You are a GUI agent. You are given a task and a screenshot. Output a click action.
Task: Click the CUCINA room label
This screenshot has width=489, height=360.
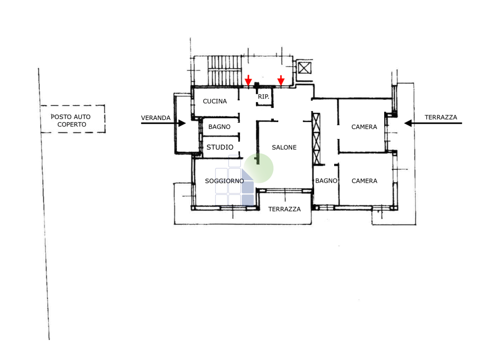click(x=215, y=101)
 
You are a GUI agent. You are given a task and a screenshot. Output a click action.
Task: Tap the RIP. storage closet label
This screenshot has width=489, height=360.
click(x=263, y=97)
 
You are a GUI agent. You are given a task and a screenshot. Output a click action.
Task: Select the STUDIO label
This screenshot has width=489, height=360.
click(x=220, y=147)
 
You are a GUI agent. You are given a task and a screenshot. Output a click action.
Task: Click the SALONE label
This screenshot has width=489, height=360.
click(x=284, y=148)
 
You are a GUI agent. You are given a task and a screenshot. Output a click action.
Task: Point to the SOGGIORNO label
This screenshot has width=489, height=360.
click(x=224, y=181)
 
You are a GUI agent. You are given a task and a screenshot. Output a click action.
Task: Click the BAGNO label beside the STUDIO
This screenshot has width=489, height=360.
click(x=219, y=127)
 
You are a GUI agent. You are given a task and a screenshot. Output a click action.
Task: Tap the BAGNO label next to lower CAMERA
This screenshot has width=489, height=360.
click(x=326, y=181)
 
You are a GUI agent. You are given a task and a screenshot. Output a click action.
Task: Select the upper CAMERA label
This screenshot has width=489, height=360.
click(x=364, y=127)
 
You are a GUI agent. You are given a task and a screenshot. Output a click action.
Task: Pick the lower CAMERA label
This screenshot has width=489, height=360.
click(x=365, y=181)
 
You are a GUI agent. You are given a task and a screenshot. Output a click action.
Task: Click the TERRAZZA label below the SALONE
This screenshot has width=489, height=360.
click(x=285, y=209)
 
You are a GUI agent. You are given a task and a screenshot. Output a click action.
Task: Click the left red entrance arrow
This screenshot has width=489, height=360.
click(x=248, y=80)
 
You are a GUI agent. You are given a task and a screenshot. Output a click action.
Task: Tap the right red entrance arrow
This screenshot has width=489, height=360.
click(x=281, y=81)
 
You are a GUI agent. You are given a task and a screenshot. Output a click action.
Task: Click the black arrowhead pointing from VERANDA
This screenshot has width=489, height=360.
click(x=182, y=123)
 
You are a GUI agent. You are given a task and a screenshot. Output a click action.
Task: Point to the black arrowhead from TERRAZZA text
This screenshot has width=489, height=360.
click(x=408, y=123)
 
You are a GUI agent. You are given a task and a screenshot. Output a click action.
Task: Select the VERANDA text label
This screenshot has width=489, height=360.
click(x=156, y=118)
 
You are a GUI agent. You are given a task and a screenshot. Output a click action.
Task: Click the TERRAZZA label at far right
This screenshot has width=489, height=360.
click(x=441, y=117)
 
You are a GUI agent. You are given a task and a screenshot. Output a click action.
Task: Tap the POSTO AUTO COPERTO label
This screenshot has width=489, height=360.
click(x=70, y=120)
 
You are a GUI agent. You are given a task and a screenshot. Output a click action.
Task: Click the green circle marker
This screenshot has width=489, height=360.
click(x=259, y=168)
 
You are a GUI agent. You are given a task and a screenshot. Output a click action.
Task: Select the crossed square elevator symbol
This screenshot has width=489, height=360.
click(x=305, y=68)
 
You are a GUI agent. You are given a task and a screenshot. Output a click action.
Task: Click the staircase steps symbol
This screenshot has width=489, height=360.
click(x=224, y=70)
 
